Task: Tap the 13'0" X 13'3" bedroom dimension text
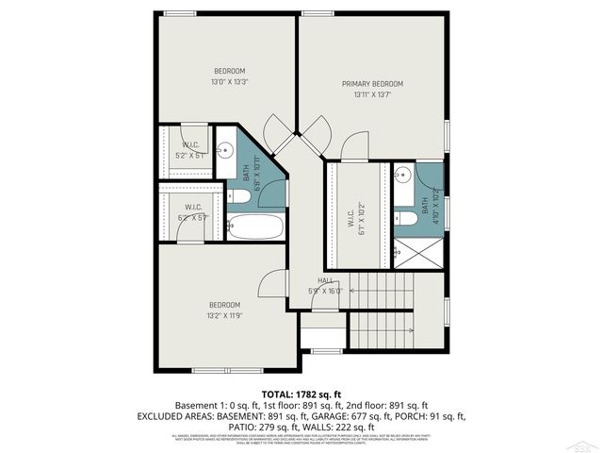[229, 82]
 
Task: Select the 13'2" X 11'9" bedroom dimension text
[226, 316]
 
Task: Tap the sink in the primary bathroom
[401, 174]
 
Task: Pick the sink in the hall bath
[226, 150]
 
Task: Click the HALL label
[326, 280]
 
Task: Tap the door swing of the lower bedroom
[273, 283]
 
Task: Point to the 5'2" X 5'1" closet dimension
[190, 156]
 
